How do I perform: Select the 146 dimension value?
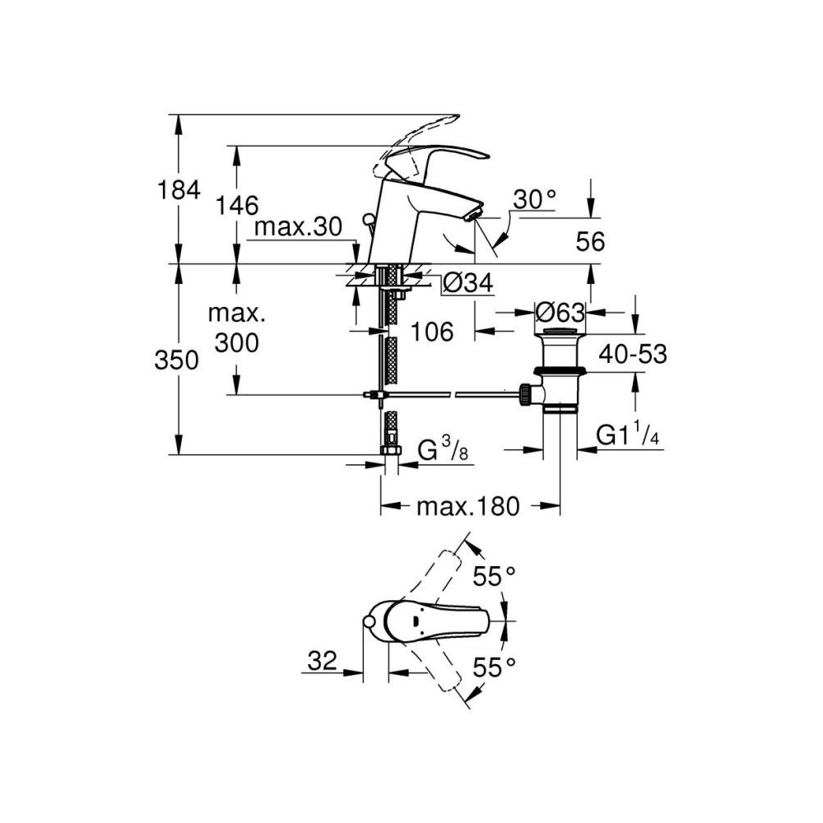(238, 205)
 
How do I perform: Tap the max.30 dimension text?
(297, 228)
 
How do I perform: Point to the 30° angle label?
(535, 199)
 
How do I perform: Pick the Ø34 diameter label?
(467, 284)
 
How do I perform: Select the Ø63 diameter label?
(560, 313)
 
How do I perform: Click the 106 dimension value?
(432, 332)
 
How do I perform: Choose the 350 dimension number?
(176, 360)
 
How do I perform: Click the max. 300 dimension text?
(235, 328)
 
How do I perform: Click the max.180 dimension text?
(468, 507)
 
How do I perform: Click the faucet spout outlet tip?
(472, 216)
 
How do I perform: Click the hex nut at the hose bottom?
(390, 450)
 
